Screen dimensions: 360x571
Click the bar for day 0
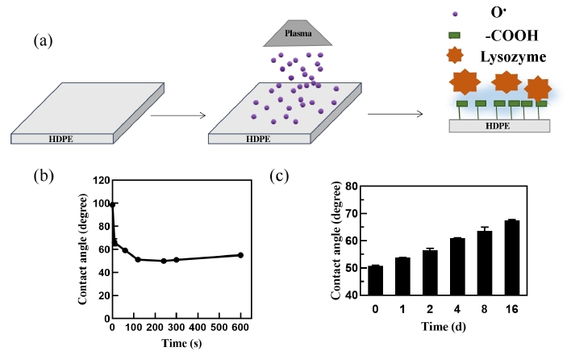(376, 281)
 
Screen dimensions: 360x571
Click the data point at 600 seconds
(240, 255)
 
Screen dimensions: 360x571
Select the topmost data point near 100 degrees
(113, 205)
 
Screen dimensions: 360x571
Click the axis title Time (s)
(176, 344)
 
